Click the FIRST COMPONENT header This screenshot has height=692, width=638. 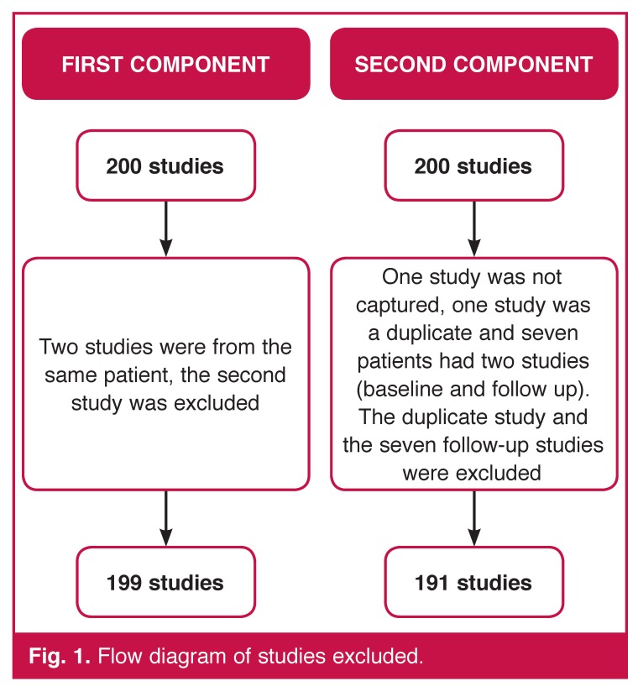pyautogui.click(x=165, y=65)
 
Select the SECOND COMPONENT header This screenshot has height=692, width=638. pyautogui.click(x=473, y=65)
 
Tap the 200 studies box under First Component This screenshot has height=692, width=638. pyautogui.click(x=165, y=165)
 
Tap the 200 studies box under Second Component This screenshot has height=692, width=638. pyautogui.click(x=473, y=165)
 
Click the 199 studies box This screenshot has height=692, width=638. pyautogui.click(x=165, y=582)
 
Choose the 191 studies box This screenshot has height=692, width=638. pyautogui.click(x=473, y=582)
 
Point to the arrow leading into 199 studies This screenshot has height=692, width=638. pyautogui.click(x=165, y=517)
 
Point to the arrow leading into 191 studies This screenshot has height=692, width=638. pyautogui.click(x=473, y=517)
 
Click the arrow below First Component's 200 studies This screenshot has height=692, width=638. pyautogui.click(x=165, y=228)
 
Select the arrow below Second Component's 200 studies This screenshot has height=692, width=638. pyautogui.click(x=473, y=228)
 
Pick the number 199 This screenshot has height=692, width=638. pyautogui.click(x=124, y=582)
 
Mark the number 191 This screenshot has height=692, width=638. pyautogui.click(x=431, y=582)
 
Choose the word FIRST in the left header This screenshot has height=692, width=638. pyautogui.click(x=92, y=65)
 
